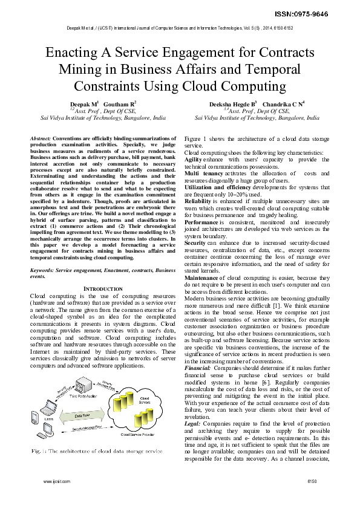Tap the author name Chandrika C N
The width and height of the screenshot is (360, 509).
(283, 104)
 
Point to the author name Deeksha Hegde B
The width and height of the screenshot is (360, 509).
(233, 104)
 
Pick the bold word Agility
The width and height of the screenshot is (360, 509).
(193, 158)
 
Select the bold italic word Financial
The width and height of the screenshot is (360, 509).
(197, 368)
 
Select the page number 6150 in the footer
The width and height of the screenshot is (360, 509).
(312, 499)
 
